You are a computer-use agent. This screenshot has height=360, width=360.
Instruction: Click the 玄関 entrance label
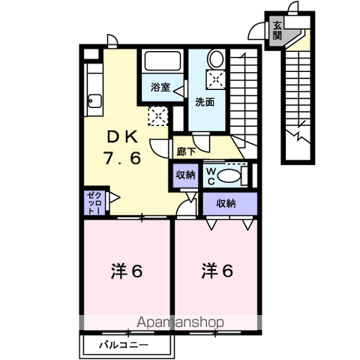click(x=277, y=31)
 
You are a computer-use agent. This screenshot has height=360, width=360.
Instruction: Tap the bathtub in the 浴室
click(x=163, y=61)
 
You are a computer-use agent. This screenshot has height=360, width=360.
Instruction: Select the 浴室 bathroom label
click(x=160, y=87)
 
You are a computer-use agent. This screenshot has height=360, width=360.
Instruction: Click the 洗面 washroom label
click(x=205, y=102)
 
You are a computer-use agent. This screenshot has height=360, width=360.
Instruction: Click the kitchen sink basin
click(x=95, y=101)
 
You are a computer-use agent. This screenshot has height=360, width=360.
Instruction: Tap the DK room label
click(x=122, y=137)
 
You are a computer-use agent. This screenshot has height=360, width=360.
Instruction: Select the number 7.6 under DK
click(x=122, y=158)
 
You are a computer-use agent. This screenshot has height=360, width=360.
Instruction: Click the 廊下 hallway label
click(x=186, y=151)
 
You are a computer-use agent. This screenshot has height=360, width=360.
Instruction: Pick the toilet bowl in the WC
click(x=229, y=175)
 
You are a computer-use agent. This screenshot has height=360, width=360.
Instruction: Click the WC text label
click(x=211, y=176)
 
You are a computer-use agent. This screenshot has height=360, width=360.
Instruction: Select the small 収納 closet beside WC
click(x=185, y=175)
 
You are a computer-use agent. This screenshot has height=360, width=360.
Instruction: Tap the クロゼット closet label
click(x=95, y=202)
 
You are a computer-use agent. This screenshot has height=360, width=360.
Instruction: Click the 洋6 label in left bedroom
click(x=127, y=271)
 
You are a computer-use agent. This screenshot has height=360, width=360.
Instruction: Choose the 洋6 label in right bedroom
click(x=217, y=271)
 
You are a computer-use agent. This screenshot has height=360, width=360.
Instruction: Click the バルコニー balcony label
click(x=124, y=345)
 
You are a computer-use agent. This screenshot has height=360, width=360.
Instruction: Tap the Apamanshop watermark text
click(x=180, y=322)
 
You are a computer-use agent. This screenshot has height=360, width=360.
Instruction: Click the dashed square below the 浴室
click(x=158, y=116)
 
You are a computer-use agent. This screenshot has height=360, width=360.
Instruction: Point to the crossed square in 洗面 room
click(x=216, y=79)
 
